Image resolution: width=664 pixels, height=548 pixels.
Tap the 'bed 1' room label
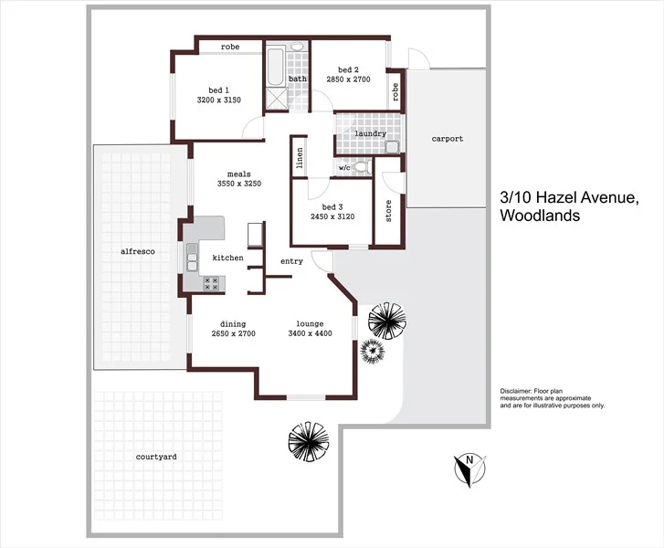tap(218, 90)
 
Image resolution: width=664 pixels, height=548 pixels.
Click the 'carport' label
tap(448, 139)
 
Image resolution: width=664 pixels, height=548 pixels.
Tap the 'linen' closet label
tap(299, 158)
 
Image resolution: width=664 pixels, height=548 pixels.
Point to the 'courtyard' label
tap(155, 455)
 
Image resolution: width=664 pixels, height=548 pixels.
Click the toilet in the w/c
tap(362, 166)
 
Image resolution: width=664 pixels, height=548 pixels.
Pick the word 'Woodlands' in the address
tap(540, 216)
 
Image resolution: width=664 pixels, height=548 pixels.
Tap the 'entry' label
tap(291, 261)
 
